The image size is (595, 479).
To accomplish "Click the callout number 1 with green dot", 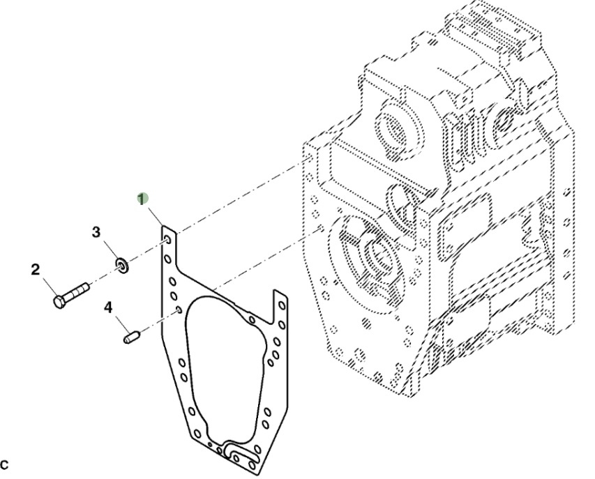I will click(x=142, y=198).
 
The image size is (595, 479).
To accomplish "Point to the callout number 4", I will click(x=108, y=306).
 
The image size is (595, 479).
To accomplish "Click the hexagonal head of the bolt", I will click(x=59, y=302).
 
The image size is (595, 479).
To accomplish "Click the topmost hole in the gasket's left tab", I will click(x=169, y=241).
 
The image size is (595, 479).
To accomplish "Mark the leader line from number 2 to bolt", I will click(x=47, y=286).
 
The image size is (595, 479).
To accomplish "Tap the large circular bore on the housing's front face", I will click(x=370, y=254).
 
